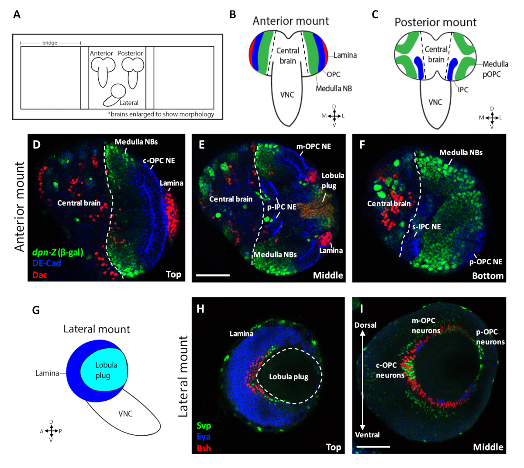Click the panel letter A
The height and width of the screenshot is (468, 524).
tap(17, 14)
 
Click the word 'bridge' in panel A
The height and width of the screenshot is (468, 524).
tap(50, 43)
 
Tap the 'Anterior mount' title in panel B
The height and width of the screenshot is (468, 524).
tap(290, 21)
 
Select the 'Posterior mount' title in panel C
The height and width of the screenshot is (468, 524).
tap(435, 22)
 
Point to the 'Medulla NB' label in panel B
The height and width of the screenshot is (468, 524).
tap(334, 88)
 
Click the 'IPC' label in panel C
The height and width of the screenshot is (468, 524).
tap(463, 90)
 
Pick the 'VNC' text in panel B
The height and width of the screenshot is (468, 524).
tap(287, 94)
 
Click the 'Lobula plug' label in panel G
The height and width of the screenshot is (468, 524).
tap(106, 370)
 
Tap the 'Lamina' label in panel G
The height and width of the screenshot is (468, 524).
tap(47, 373)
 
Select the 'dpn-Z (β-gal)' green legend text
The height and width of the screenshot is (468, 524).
tap(58, 252)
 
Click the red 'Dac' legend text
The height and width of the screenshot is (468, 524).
tap(40, 275)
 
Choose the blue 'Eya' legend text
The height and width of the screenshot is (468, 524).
tap(203, 437)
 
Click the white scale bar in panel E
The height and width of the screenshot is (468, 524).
tap(213, 275)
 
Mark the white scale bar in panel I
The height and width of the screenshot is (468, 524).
tap(373, 447)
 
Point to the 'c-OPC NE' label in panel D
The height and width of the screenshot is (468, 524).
tap(159, 161)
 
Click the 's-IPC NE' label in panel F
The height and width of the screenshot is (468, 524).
tap(427, 227)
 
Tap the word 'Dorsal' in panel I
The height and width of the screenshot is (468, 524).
tap(365, 325)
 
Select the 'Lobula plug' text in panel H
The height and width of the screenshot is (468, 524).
tap(289, 377)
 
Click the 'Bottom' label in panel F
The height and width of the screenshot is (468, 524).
tap(488, 276)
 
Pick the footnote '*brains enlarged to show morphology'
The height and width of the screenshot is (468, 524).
tap(161, 114)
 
